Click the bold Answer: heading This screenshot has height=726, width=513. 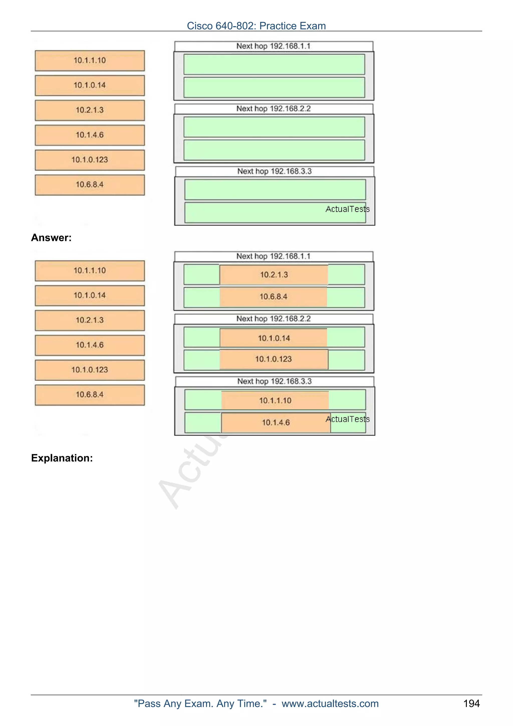click(x=51, y=237)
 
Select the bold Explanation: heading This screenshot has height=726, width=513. click(x=62, y=458)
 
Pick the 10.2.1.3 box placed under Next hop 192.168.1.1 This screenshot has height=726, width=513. click(x=274, y=275)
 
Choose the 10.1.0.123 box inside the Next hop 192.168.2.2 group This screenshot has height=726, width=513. click(x=274, y=359)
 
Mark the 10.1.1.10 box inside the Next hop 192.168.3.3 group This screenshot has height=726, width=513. click(x=275, y=400)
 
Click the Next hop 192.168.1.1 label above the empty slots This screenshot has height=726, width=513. click(x=274, y=46)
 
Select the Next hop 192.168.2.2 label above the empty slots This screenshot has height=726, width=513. click(x=274, y=109)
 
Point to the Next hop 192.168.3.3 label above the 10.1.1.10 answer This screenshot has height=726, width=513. click(x=274, y=381)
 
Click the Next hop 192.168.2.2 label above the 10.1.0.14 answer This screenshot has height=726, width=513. click(x=274, y=319)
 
